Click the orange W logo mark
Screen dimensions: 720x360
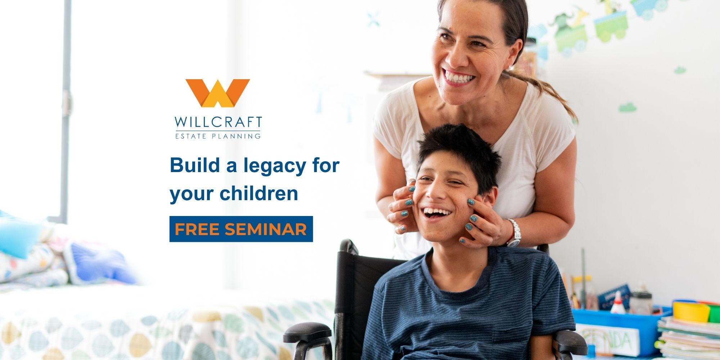pyautogui.click(x=217, y=93)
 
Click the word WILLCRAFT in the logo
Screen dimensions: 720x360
pyautogui.click(x=219, y=122)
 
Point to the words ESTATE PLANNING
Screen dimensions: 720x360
pyautogui.click(x=218, y=136)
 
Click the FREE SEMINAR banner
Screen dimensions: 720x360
pyautogui.click(x=241, y=229)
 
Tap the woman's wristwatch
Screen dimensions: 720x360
pyautogui.click(x=514, y=233)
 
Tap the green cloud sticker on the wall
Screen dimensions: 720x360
pyautogui.click(x=627, y=107)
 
